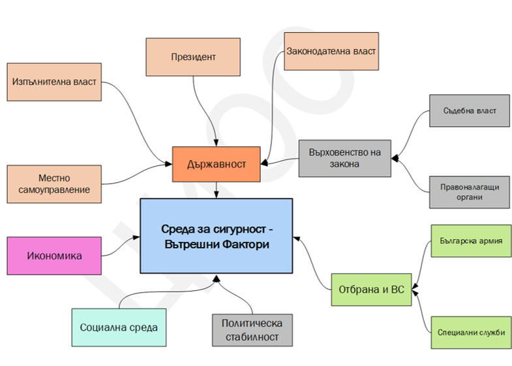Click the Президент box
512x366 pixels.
193,57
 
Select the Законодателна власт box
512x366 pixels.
331,51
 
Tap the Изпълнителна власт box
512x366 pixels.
54,82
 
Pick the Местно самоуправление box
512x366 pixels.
54,184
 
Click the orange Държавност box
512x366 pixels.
216,164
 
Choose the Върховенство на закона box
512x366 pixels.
345,158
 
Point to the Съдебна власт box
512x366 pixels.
470,110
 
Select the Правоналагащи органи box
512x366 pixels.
470,192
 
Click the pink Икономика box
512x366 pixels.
54,256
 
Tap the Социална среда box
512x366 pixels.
119,327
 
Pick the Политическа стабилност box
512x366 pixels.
252,330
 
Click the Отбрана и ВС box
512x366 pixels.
372,290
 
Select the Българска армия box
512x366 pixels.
471,241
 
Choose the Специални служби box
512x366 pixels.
471,332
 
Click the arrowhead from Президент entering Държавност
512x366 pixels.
216,142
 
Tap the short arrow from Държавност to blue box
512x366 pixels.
216,190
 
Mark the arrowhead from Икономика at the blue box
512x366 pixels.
136,237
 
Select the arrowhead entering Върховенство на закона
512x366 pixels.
395,158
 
